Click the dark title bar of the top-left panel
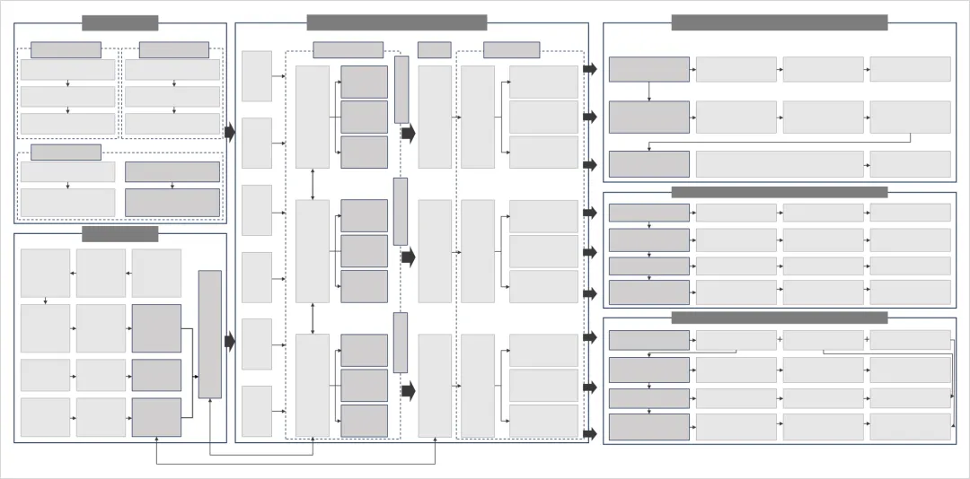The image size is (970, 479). coord(119,23)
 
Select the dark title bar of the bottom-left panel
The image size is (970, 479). coord(119,234)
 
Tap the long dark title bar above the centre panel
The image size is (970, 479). coord(396,22)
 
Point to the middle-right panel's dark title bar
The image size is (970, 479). coord(779,192)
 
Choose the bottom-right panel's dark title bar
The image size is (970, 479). coord(779,318)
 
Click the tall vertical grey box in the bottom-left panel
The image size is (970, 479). coord(209,334)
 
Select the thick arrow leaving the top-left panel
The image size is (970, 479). coord(229,133)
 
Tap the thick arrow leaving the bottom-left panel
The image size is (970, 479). coord(229,341)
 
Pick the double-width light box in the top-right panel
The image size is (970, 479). coord(779,164)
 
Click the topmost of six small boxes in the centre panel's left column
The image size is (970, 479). coord(257,76)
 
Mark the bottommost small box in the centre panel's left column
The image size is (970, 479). coord(257,411)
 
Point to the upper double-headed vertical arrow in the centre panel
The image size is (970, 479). coord(313,184)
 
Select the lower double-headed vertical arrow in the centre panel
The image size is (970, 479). coord(313,318)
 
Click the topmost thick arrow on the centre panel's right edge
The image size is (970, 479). coord(589,69)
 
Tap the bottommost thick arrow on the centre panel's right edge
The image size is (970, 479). coord(589,434)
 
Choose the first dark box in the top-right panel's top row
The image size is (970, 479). coord(648,70)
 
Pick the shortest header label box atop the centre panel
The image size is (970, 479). coord(434,50)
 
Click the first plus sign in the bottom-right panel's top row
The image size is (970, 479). coord(780,340)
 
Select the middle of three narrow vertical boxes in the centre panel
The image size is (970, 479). coord(401,211)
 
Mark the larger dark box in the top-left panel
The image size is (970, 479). coord(172,202)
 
